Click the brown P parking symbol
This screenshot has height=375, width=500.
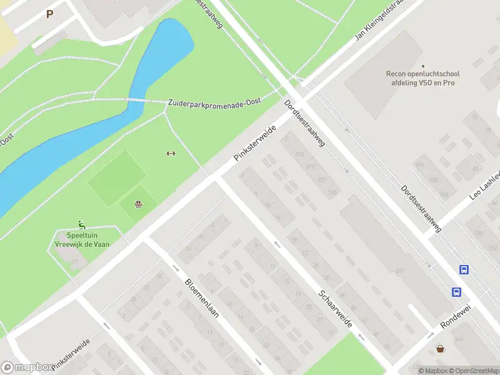(x=49, y=14)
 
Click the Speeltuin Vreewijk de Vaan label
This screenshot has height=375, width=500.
(x=79, y=239)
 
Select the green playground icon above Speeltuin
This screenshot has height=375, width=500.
(x=81, y=224)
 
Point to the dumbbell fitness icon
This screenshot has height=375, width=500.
(x=169, y=154)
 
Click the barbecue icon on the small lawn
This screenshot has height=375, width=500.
(x=138, y=203)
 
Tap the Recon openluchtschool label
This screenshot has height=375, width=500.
(x=422, y=77)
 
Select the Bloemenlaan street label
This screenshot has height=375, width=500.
(x=202, y=298)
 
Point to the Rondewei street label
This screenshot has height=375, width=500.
(x=454, y=317)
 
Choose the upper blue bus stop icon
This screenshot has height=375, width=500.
(x=464, y=269)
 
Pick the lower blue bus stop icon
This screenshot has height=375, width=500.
(x=457, y=292)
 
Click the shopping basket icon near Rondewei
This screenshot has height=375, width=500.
(x=441, y=349)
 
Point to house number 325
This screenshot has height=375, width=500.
(x=332, y=192)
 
